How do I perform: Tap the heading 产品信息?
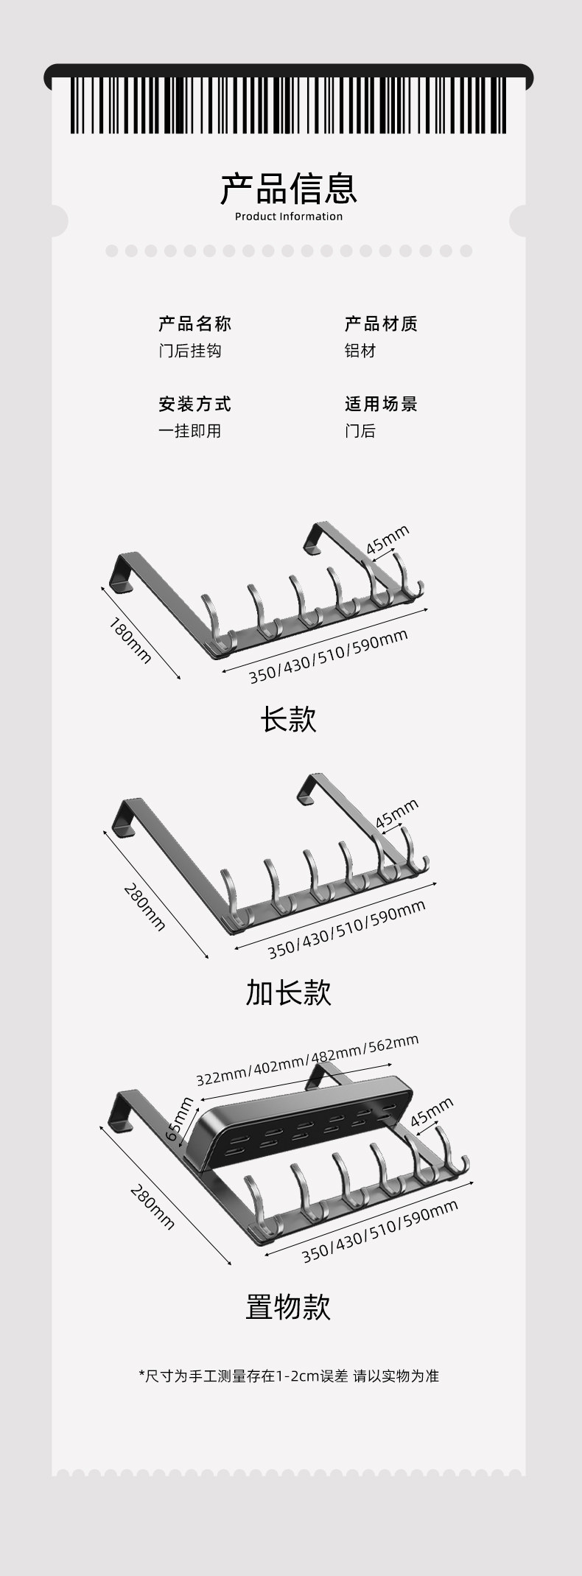(x=289, y=189)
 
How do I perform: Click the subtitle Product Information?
(x=289, y=217)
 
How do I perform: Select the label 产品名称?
(x=195, y=324)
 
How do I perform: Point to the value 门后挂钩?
(x=190, y=351)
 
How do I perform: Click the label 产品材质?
(x=381, y=324)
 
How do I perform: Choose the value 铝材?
(x=360, y=351)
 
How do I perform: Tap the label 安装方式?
(x=195, y=404)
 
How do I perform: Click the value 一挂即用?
(x=190, y=432)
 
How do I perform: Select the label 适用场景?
(x=381, y=404)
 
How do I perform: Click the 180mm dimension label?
(x=130, y=640)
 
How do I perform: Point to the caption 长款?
(x=288, y=720)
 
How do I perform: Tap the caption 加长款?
(x=288, y=992)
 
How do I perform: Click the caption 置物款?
(x=288, y=1307)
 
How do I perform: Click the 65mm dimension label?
(x=179, y=1120)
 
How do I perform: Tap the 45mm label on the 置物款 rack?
(x=432, y=1113)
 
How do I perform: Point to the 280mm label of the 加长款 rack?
(x=144, y=908)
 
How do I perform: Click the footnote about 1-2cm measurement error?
(x=288, y=1376)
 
